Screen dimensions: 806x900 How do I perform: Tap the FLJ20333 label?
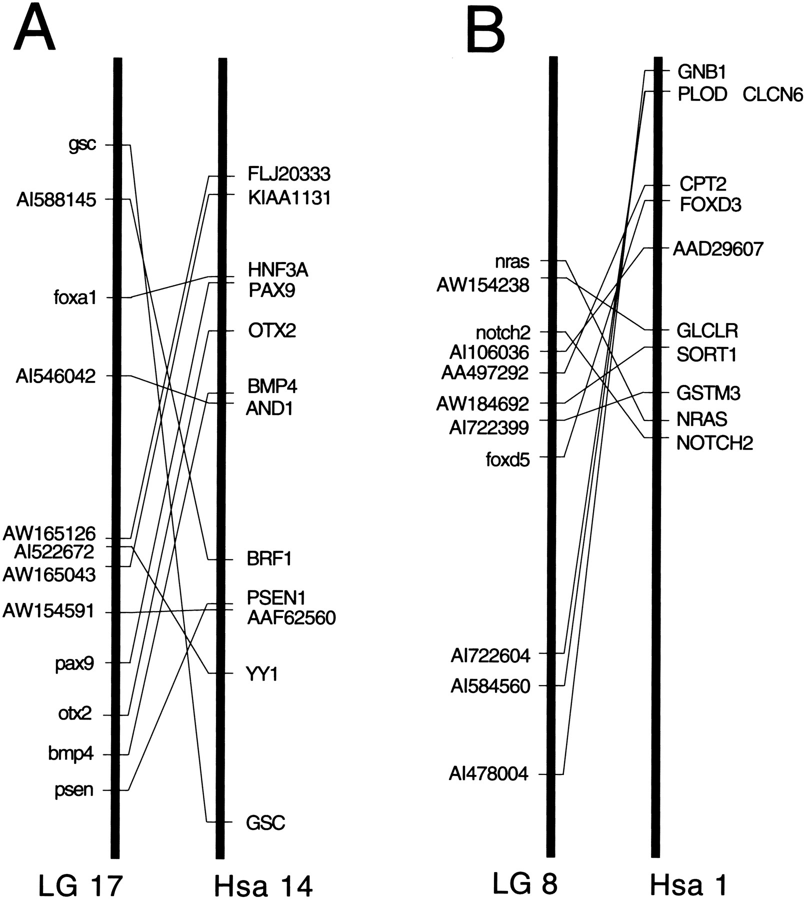click(x=289, y=174)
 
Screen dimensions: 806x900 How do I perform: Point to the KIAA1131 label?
click(x=289, y=198)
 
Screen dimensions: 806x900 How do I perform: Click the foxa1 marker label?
click(x=75, y=298)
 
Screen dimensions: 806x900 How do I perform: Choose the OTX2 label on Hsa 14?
click(x=272, y=330)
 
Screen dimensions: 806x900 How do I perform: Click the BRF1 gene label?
click(x=269, y=558)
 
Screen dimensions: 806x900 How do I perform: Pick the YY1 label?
click(x=262, y=675)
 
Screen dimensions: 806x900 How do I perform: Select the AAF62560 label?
click(x=291, y=618)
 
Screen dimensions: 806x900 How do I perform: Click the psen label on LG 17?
click(x=74, y=790)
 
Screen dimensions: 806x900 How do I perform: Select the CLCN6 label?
click(x=773, y=94)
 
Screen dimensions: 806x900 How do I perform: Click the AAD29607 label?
click(x=718, y=249)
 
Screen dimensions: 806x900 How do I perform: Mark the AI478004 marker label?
click(x=488, y=774)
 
